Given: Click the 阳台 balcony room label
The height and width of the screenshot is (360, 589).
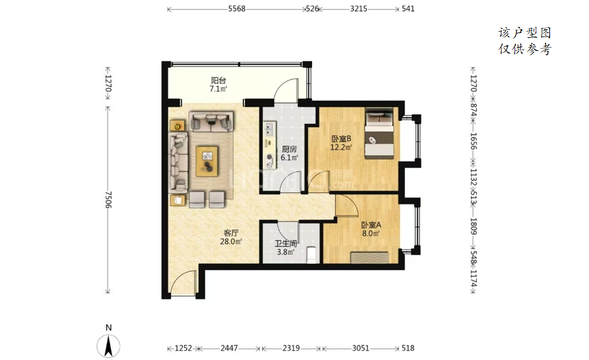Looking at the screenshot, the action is pos(218,80).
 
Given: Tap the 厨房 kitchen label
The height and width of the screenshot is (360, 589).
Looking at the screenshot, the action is pos(289,149).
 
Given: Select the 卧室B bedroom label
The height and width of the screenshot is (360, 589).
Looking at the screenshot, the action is pos(341,138).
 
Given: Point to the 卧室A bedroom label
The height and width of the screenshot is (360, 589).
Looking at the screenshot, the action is pos(371,225).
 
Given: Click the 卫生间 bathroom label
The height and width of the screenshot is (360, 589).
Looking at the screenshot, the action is pos(286,243).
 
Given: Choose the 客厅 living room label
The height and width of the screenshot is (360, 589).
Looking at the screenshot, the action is pos(231,233).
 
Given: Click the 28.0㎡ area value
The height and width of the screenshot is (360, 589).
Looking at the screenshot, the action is pos(231,241).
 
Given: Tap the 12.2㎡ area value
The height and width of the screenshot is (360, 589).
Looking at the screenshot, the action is pos(341,147).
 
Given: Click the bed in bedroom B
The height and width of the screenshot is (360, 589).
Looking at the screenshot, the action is pos(379,133).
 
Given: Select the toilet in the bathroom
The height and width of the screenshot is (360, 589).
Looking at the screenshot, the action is pos(312,254).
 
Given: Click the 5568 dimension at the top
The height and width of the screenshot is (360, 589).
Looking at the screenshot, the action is pos(236,9).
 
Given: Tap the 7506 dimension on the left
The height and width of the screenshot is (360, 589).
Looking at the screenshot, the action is pos(108,199).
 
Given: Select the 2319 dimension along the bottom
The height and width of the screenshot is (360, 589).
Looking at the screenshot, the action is pos(291,348).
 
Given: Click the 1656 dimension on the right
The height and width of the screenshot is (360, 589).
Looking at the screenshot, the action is pos(474,142).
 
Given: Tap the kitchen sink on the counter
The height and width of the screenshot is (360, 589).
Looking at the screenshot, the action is pos(269,129).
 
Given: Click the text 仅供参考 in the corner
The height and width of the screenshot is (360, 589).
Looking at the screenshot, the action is pos(525,49).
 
